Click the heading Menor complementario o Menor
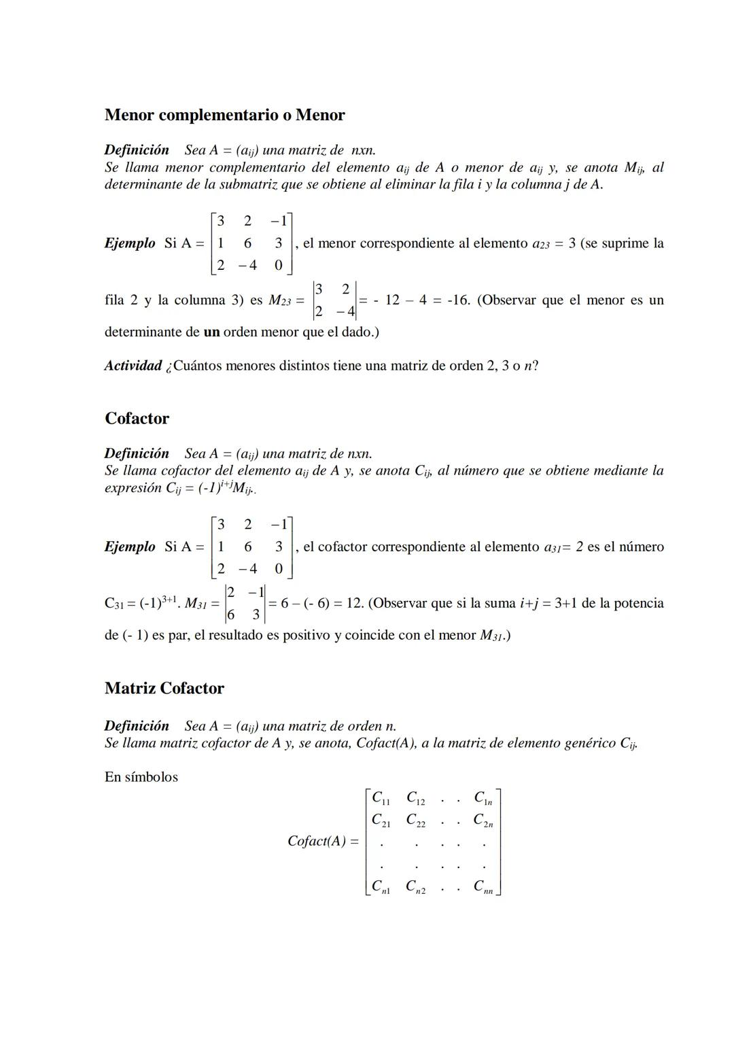pyautogui.click(x=224, y=115)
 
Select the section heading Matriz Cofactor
pyautogui.click(x=164, y=688)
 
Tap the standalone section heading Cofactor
pyautogui.click(x=137, y=418)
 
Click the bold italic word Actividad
pyautogui.click(x=133, y=366)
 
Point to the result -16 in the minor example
pyautogui.click(x=457, y=300)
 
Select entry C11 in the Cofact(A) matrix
pyautogui.click(x=381, y=798)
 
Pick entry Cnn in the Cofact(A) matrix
pyautogui.click(x=483, y=887)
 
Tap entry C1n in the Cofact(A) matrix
pyautogui.click(x=483, y=798)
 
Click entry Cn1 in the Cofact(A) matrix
pyautogui.click(x=381, y=887)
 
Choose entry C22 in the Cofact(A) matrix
pyautogui.click(x=415, y=820)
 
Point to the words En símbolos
pyautogui.click(x=141, y=777)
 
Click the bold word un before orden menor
pyautogui.click(x=211, y=332)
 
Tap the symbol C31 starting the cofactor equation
pyautogui.click(x=114, y=604)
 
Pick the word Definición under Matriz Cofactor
pyautogui.click(x=137, y=725)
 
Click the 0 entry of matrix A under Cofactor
pyautogui.click(x=278, y=569)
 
